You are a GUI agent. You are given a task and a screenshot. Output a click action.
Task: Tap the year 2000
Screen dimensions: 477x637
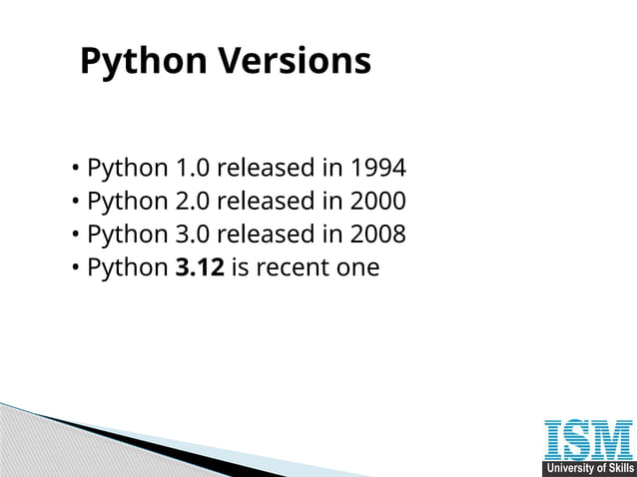[x=377, y=201]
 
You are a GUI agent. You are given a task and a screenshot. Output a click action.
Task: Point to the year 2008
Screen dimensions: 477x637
[x=377, y=235]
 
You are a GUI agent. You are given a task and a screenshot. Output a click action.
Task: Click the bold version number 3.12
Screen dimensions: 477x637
[x=199, y=268]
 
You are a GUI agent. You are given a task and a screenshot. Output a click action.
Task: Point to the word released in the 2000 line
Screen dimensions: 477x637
[x=266, y=201]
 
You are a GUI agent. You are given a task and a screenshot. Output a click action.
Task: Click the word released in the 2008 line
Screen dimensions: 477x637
[x=266, y=235]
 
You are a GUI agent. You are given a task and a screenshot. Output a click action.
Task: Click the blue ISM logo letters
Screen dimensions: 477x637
[x=588, y=441]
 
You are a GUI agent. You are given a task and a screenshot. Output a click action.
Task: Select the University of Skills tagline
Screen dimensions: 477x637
[x=588, y=469]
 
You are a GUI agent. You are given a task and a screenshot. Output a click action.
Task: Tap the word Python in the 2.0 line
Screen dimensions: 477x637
[x=127, y=201]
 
